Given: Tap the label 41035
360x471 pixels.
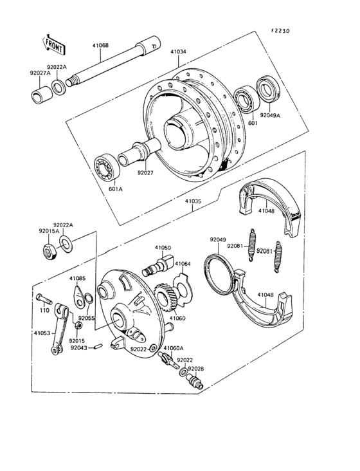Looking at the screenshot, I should click(x=194, y=201).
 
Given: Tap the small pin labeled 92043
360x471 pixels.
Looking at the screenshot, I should click(x=98, y=348).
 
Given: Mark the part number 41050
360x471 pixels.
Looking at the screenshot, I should click(x=163, y=247).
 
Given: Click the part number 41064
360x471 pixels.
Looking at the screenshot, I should click(x=183, y=263).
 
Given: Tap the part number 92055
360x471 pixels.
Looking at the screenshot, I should click(x=86, y=317).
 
